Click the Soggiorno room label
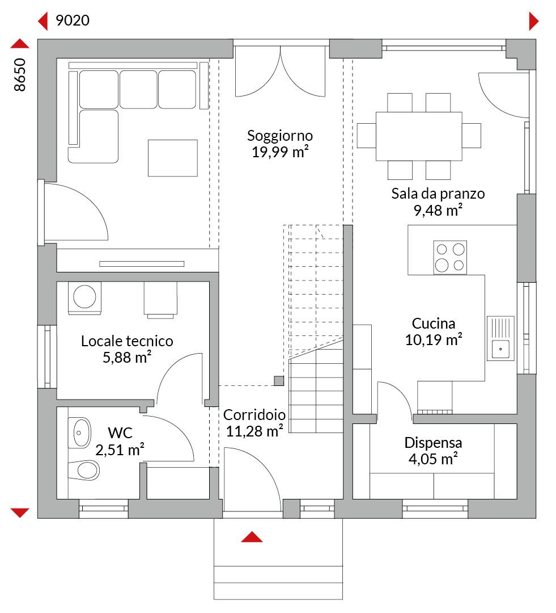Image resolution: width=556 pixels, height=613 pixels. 280,136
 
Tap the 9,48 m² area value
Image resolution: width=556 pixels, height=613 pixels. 438,210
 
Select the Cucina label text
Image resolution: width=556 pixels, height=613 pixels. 434,324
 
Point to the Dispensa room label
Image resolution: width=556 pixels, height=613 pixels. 433,443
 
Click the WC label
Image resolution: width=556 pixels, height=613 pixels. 120,433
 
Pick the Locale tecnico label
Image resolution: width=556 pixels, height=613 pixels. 127,341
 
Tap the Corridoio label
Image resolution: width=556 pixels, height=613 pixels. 254,415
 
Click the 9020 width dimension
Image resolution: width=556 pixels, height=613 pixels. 73,20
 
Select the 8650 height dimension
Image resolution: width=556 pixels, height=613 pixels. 19,75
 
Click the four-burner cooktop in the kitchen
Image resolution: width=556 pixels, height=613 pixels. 450,257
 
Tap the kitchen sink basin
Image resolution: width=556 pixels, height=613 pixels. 500,349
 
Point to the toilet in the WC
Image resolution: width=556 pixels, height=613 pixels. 84,470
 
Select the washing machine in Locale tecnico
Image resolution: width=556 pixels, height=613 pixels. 84,298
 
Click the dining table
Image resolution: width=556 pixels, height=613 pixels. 419,136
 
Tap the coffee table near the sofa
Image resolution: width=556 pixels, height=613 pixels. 172,158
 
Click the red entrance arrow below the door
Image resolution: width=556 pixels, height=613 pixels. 252,537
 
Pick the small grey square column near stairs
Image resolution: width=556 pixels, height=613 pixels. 279,381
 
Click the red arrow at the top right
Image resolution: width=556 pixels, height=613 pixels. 534,21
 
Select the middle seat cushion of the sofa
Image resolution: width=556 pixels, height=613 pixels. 138,90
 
